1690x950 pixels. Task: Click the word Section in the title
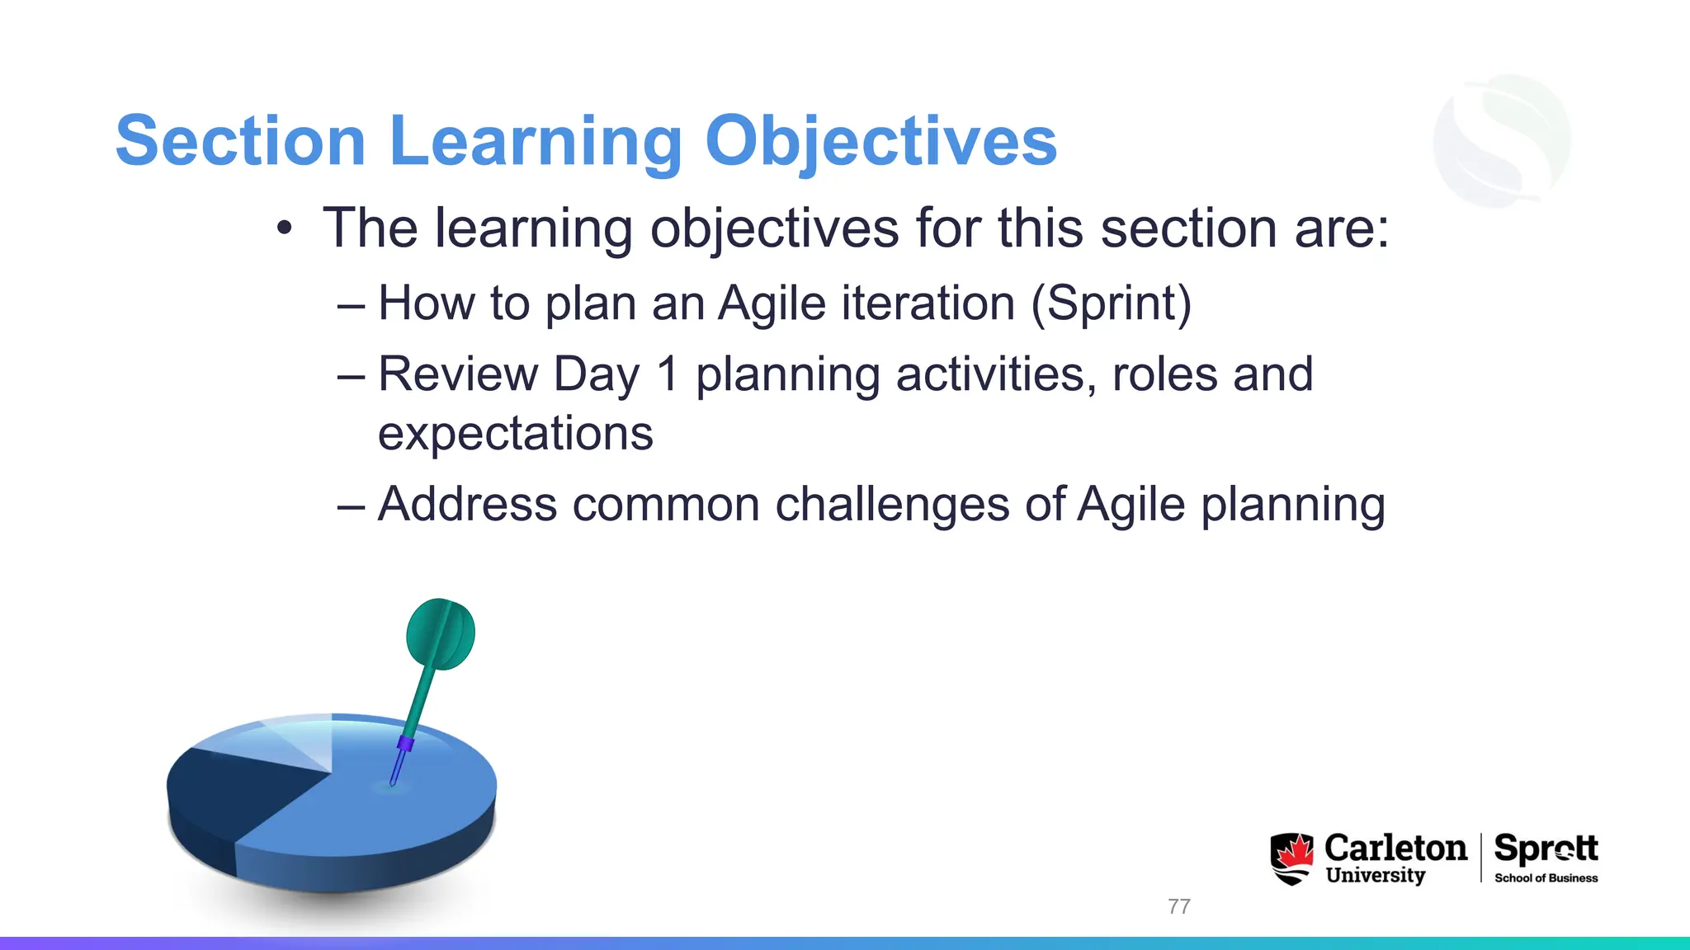coord(240,141)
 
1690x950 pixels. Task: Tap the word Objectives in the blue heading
coord(880,141)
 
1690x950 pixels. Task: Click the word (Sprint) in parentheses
coord(1111,303)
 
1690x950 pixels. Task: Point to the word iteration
coord(928,303)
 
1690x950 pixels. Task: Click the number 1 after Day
coord(668,374)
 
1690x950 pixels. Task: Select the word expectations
coord(515,434)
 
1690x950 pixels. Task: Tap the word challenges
coord(892,505)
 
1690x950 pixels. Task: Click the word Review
coord(457,374)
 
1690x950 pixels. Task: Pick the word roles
coord(1164,374)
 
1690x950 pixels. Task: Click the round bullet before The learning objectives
coord(285,228)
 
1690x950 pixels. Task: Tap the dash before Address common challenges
coord(351,505)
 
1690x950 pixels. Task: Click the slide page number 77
coord(1178,906)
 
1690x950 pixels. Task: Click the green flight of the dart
coord(441,633)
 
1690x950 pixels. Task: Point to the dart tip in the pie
coord(394,781)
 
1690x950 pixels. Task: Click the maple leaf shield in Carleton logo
coord(1291,858)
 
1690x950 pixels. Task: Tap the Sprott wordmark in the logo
coord(1546,849)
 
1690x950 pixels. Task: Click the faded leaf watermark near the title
coord(1502,140)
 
